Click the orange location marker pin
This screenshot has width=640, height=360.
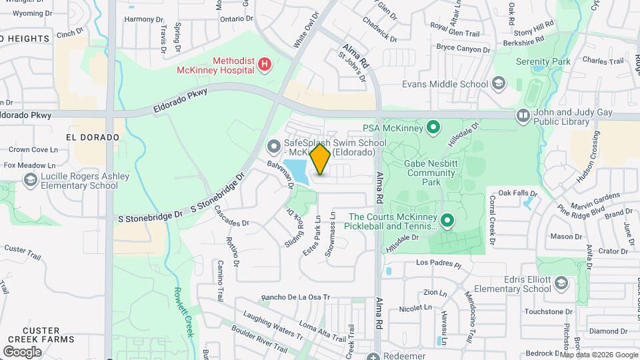tap(321, 159)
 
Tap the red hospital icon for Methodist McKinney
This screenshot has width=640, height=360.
tap(265, 65)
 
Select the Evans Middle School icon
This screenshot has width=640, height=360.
tap(498, 84)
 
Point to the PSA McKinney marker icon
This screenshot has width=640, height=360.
tap(433, 127)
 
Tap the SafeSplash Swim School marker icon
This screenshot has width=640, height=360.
tap(273, 145)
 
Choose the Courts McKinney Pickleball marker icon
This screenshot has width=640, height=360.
tap(447, 219)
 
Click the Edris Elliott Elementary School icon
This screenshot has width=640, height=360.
tap(561, 285)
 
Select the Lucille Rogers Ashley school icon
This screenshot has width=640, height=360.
tap(30, 180)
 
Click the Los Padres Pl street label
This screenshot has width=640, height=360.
tap(438, 263)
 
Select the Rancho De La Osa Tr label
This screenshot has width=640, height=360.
tap(295, 297)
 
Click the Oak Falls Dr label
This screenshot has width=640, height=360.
tap(517, 193)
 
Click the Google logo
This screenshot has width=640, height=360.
tap(22, 351)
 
